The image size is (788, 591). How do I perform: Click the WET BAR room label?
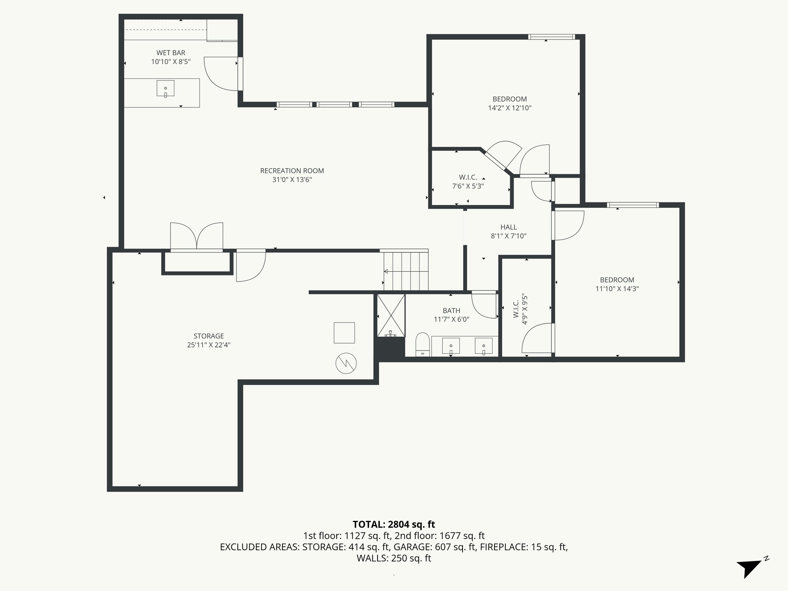pos(171,53)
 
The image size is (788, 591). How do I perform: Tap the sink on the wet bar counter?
pos(165,88)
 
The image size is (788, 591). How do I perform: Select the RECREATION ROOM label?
pos(292,171)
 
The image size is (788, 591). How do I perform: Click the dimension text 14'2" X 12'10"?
pos(509,108)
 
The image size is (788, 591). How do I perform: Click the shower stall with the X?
pos(391,315)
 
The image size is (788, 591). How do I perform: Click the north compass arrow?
pos(749,567)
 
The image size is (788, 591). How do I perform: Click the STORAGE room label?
pos(209,336)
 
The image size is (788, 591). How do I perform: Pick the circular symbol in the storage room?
pos(346,363)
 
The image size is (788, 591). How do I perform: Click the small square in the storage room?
pos(344,332)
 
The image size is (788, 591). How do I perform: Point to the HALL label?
pos(509,227)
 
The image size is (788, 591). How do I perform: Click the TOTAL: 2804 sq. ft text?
pos(394,524)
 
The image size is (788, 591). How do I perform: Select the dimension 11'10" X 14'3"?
pos(617,289)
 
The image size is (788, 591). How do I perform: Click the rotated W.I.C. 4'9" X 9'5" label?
pos(520,309)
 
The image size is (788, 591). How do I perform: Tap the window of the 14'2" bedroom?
pos(551,37)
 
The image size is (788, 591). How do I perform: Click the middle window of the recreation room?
pos(334,104)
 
